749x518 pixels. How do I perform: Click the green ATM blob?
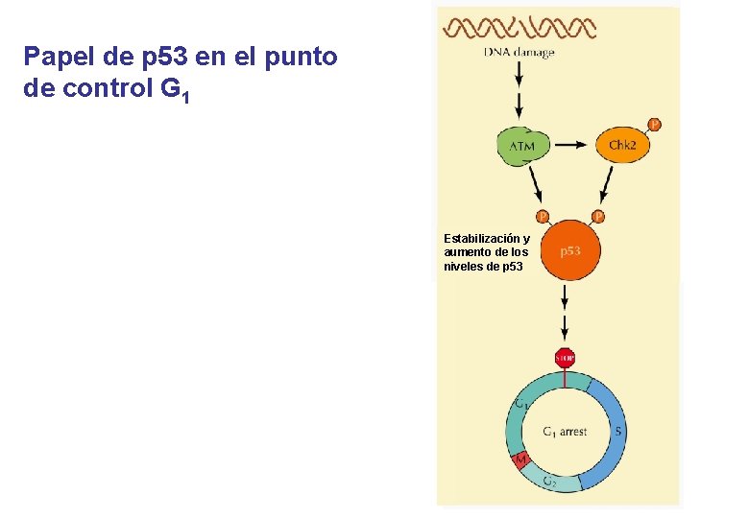click(x=522, y=146)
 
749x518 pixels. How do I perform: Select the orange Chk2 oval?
click(x=623, y=145)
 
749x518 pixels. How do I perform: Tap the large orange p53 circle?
click(x=569, y=250)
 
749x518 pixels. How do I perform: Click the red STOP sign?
click(x=565, y=358)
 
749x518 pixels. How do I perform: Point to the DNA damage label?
click(x=519, y=53)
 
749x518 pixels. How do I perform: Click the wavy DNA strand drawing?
click(x=519, y=27)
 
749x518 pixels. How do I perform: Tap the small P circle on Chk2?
click(x=654, y=124)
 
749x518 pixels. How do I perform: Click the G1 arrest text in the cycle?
click(x=565, y=432)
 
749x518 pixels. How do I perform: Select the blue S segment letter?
click(x=617, y=432)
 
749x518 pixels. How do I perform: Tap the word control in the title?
click(x=107, y=93)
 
